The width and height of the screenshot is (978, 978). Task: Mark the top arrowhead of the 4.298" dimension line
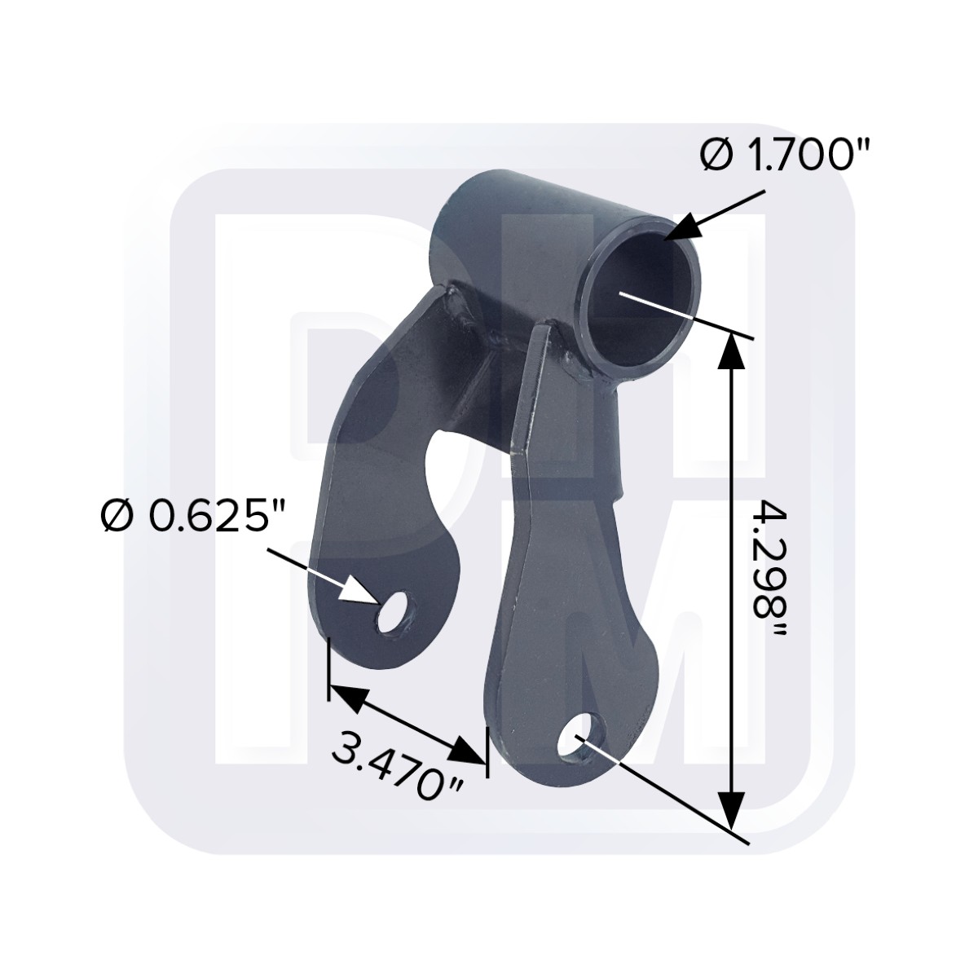pos(731,355)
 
